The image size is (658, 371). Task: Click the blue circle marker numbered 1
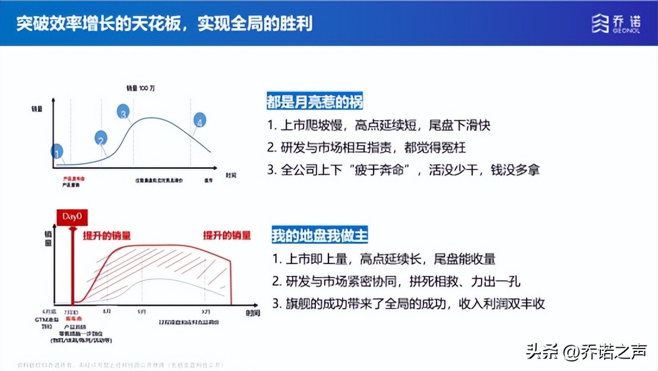pyautogui.click(x=57, y=152)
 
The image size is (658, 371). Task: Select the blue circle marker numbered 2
pyautogui.click(x=102, y=138)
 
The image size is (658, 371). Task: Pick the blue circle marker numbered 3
pyautogui.click(x=124, y=112)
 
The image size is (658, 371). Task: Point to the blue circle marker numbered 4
pyautogui.click(x=200, y=121)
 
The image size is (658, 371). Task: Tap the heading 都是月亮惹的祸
pyautogui.click(x=315, y=102)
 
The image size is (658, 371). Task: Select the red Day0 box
pyautogui.click(x=72, y=216)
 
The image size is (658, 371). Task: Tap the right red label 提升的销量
pyautogui.click(x=227, y=235)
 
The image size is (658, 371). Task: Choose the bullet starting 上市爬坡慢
pyautogui.click(x=379, y=126)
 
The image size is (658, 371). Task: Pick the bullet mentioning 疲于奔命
pyautogui.click(x=403, y=169)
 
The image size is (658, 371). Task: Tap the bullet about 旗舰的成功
pyautogui.click(x=409, y=303)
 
